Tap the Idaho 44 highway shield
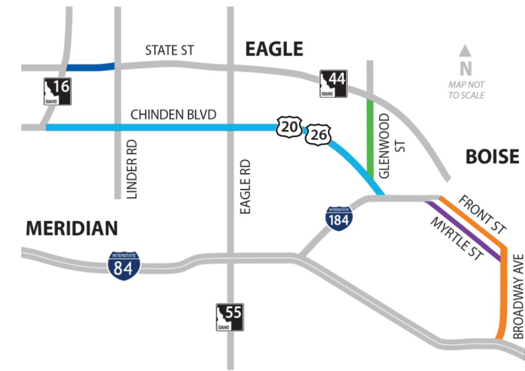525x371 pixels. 334,84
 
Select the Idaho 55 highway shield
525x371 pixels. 230,317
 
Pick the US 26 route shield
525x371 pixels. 318,135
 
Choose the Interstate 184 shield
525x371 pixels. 339,218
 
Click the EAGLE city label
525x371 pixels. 274,49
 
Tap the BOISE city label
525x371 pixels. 492,157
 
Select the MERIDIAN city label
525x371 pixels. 72,228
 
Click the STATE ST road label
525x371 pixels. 170,50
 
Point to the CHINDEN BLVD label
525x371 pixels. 174,115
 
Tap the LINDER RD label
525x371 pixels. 133,170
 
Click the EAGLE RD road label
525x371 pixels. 245,186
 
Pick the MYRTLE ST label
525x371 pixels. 456,239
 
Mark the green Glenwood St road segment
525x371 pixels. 370,138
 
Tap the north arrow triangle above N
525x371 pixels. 466,50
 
